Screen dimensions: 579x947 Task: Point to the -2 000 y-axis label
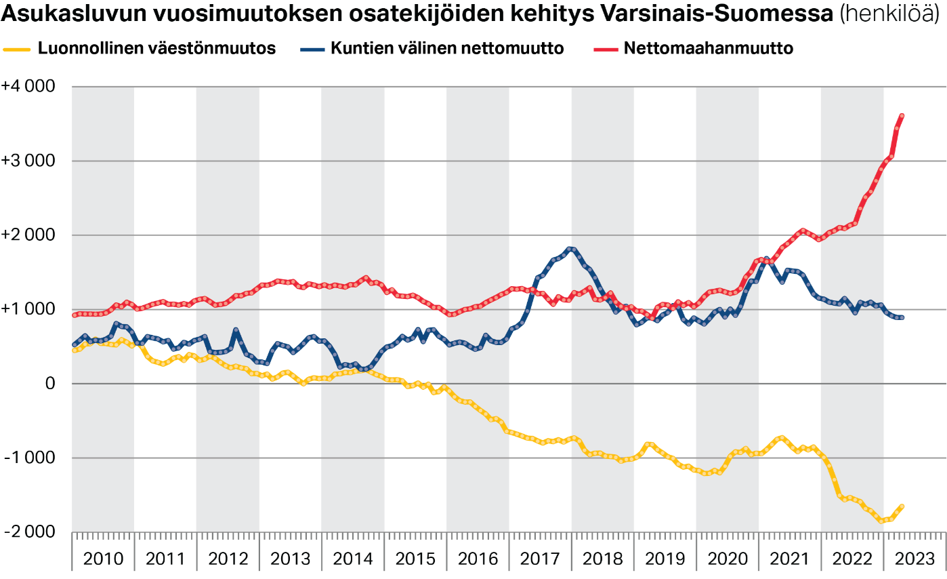tap(29, 532)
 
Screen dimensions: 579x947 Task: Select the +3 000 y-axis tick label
tap(28, 161)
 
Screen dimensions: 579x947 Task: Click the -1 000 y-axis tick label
tap(29, 458)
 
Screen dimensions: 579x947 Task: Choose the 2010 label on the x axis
tap(103, 559)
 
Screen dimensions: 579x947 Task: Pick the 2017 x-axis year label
tap(540, 559)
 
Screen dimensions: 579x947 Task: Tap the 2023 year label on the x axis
tap(914, 559)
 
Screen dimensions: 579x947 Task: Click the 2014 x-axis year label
tap(352, 559)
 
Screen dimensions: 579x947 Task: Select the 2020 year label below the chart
tap(727, 559)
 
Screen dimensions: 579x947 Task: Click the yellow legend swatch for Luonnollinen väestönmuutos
tap(18, 49)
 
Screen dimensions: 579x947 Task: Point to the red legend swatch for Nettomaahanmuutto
tap(605, 49)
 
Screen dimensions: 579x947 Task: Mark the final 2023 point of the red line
tap(902, 116)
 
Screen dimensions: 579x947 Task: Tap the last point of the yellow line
tap(902, 506)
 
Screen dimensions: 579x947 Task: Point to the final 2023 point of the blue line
tap(902, 317)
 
